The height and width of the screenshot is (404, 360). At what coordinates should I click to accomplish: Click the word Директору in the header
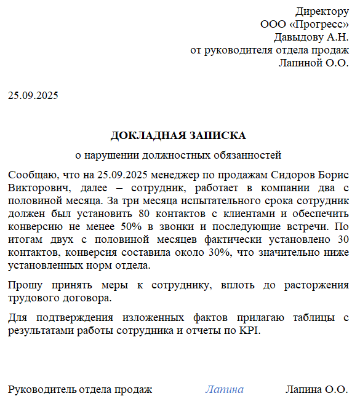click(x=322, y=11)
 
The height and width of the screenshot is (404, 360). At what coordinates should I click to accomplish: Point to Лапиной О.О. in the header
click(x=314, y=63)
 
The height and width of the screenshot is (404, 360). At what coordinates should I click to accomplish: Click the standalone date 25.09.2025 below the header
click(x=33, y=96)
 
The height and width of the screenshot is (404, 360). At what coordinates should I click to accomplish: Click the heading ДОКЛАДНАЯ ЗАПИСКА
click(x=178, y=135)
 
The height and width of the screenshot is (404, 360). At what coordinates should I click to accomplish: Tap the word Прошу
click(x=25, y=285)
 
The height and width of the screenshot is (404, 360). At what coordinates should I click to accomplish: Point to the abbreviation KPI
click(x=251, y=331)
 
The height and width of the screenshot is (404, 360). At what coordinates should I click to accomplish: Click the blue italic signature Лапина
click(x=224, y=389)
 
